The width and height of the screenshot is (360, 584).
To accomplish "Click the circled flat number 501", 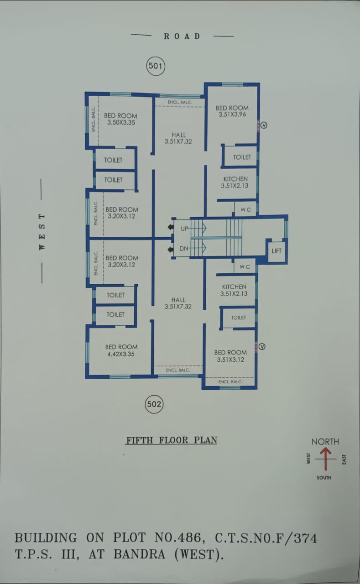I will [x=155, y=66].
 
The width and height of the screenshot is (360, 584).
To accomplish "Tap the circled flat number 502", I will [x=154, y=404].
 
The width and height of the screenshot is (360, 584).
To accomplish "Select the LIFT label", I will [x=277, y=251].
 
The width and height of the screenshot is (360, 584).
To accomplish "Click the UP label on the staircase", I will [x=184, y=229].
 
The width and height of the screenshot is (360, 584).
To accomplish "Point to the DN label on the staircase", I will [x=184, y=249].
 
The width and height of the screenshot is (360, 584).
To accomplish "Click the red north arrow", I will [x=326, y=459].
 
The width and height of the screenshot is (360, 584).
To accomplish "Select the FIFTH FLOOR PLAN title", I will [x=172, y=440].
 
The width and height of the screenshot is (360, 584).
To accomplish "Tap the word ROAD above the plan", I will [x=182, y=36].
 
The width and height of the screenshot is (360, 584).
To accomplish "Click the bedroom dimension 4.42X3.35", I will [x=121, y=354].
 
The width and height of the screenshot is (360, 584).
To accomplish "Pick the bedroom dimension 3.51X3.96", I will [x=232, y=115].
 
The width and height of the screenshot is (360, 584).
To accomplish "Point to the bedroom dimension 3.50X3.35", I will [x=121, y=122].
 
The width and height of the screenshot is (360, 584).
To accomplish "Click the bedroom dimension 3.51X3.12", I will [x=230, y=360].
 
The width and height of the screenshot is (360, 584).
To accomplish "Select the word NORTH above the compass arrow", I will [x=325, y=442].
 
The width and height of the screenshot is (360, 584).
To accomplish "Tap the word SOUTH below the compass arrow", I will [x=324, y=478].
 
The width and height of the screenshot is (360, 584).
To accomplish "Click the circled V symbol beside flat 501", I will [x=263, y=124].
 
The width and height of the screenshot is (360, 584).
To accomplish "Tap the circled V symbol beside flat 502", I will [x=262, y=347].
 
